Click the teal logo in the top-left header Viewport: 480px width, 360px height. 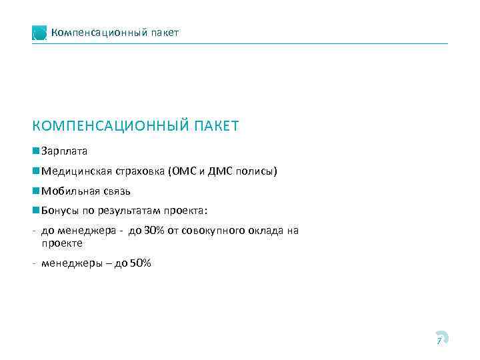pos(39,33)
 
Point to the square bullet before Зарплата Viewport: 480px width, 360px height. pos(35,151)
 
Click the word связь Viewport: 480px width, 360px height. pos(114,191)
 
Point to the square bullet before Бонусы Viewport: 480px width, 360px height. pos(35,211)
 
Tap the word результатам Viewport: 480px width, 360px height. pos(131,211)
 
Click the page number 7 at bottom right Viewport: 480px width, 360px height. pos(439,340)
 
